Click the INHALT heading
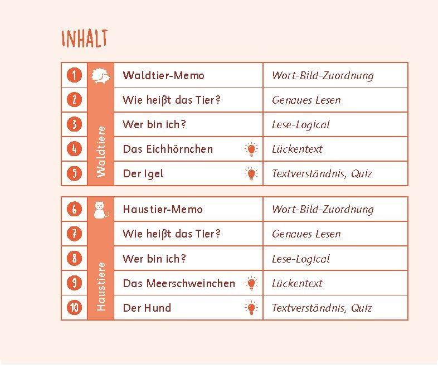84,38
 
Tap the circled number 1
74,75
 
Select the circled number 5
74,173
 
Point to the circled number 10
74,308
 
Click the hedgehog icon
101,75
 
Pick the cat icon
100,209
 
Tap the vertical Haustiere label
101,286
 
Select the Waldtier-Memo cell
163,75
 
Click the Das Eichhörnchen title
168,149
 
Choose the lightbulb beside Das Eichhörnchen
251,149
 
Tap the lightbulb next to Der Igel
251,174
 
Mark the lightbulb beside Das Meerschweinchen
251,283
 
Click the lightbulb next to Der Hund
251,308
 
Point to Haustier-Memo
163,209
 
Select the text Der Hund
147,308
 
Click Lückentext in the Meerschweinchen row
297,283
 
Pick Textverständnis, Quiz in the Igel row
322,173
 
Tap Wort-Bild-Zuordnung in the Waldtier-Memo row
323,75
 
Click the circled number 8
74,259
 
